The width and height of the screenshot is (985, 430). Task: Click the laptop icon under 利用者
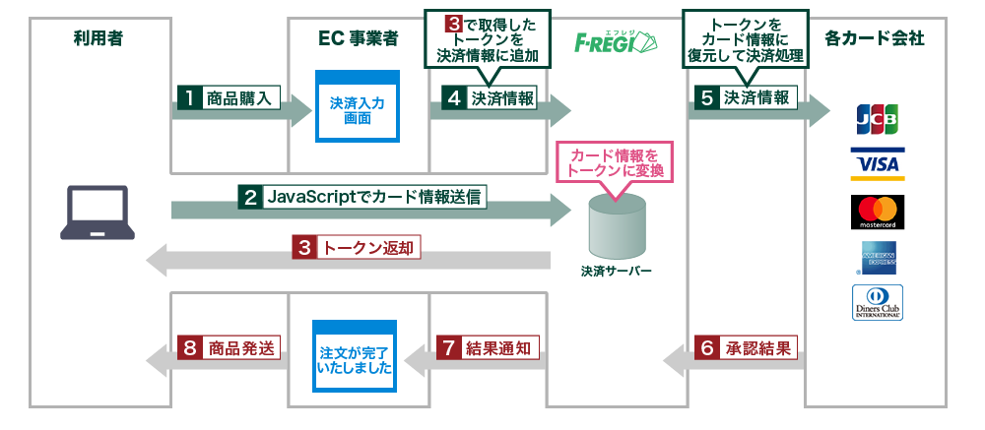point(98,212)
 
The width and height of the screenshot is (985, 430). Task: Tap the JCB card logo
point(877,120)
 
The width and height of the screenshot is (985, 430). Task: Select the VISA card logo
point(877,164)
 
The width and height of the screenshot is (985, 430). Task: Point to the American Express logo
point(877,258)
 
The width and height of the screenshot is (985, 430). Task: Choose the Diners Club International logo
point(877,302)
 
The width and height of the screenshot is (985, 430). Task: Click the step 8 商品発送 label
point(230,347)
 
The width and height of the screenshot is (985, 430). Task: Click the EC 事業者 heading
point(359,39)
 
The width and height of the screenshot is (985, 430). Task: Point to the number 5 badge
point(706,97)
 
